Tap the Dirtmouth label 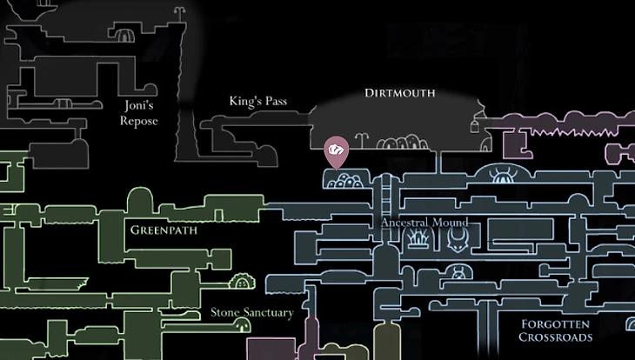coord(399,93)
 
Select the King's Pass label coord(257,102)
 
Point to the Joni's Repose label coord(138,114)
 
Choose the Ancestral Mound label coord(424,223)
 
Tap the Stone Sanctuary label coord(252,312)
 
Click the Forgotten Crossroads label coord(556,330)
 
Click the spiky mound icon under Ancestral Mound coord(420,238)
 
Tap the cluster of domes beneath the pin coord(347,181)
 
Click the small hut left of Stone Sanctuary coord(240,282)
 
